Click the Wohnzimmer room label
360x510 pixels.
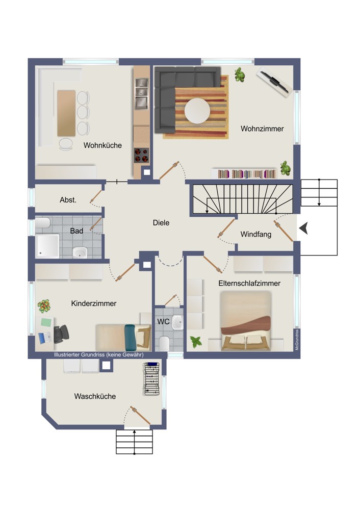point(262,129)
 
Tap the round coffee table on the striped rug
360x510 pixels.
point(197,111)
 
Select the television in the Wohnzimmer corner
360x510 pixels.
point(273,82)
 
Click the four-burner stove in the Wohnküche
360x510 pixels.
point(141,155)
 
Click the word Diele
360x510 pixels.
point(161,223)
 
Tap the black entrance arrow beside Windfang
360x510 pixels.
point(303,228)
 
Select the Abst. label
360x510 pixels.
point(68,200)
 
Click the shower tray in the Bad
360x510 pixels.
point(47,246)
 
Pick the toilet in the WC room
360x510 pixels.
point(164,343)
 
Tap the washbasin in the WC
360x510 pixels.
point(177,322)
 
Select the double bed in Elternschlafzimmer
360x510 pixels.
point(246,321)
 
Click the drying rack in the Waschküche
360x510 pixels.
point(152,379)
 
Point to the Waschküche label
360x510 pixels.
point(95,396)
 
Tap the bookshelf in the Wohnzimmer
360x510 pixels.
point(247,174)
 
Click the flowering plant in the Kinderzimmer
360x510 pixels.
point(44,306)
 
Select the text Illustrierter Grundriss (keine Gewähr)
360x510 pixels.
point(98,354)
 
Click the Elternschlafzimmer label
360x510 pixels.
point(249,283)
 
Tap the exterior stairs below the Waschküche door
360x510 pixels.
point(134,442)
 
